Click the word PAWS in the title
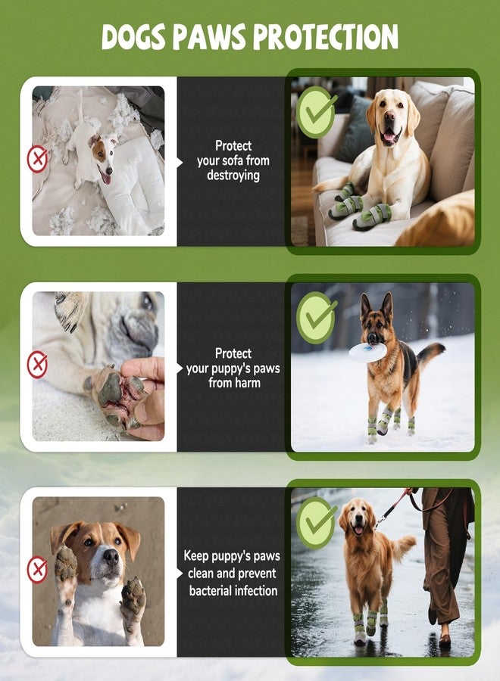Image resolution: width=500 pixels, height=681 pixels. click(210, 36)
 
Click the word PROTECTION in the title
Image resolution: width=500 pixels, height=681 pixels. click(326, 36)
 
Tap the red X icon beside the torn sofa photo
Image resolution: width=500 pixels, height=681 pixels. click(37, 160)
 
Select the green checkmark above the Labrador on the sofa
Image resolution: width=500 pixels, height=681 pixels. click(317, 112)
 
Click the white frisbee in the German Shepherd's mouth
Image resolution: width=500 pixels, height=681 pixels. click(367, 352)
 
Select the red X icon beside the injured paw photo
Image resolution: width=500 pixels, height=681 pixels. click(37, 365)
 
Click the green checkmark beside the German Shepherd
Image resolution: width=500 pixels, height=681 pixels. click(317, 317)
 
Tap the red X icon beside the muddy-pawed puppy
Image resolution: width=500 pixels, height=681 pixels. click(37, 569)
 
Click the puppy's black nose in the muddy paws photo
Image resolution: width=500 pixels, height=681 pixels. click(111, 556)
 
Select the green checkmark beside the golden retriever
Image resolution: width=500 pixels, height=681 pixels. click(317, 522)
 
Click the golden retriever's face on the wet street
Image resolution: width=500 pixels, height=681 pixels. click(358, 518)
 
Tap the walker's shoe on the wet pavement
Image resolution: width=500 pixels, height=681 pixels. click(445, 639)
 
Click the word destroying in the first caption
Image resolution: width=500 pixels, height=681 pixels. click(233, 176)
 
